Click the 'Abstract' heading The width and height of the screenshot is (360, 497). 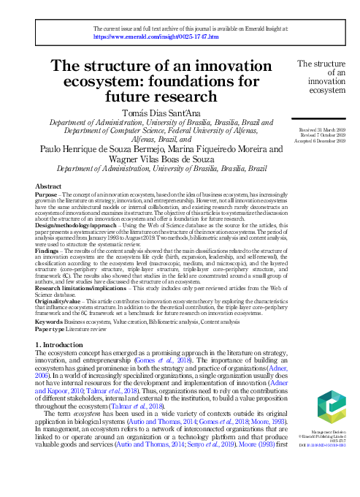point(48,187)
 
